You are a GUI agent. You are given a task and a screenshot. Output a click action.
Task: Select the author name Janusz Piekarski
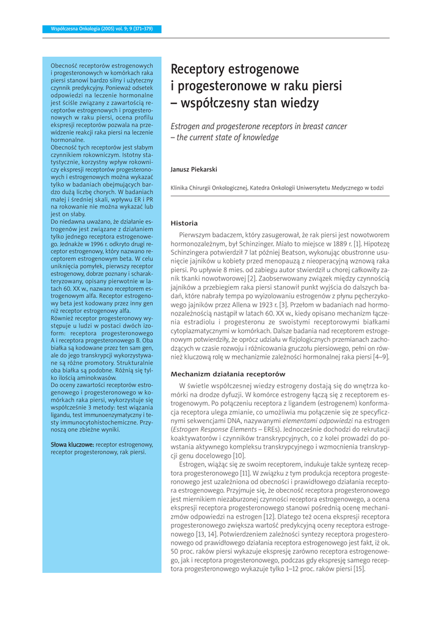click(x=194, y=169)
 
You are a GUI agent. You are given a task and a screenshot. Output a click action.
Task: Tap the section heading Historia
click(x=184, y=223)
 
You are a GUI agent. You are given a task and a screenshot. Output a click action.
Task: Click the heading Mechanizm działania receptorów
click(x=228, y=373)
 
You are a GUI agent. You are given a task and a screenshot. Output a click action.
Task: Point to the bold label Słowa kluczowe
click(x=72, y=444)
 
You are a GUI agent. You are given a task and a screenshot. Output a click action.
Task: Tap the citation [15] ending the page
click(x=358, y=568)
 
